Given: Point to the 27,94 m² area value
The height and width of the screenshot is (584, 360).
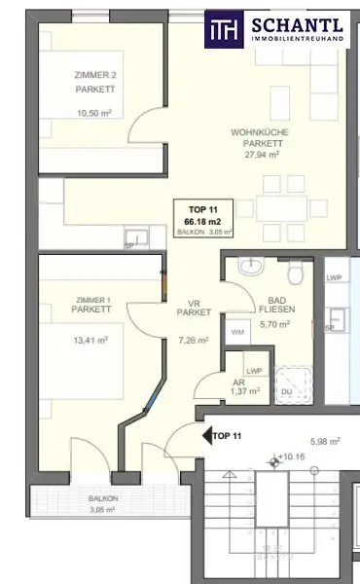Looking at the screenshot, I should click(260, 154).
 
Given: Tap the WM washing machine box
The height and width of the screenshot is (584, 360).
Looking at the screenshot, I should click(237, 332).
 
